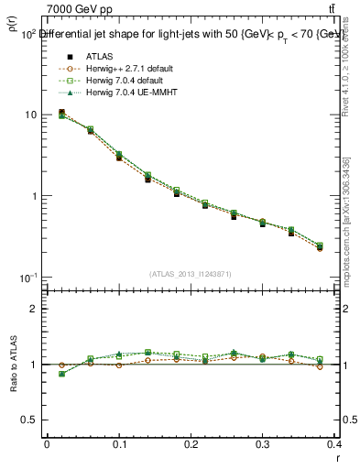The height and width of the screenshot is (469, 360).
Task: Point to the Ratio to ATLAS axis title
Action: pos(13,364)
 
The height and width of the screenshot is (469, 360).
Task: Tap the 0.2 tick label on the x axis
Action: pos(191,444)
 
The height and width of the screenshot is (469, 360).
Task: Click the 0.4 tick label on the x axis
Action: pos(335,444)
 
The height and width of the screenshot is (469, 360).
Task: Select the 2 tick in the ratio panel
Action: pos(34,309)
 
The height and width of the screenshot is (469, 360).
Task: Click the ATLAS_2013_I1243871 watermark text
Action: pos(191,274)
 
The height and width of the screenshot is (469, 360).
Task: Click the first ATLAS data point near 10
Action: pos(61,113)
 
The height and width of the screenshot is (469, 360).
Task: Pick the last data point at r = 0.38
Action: pos(320,247)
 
